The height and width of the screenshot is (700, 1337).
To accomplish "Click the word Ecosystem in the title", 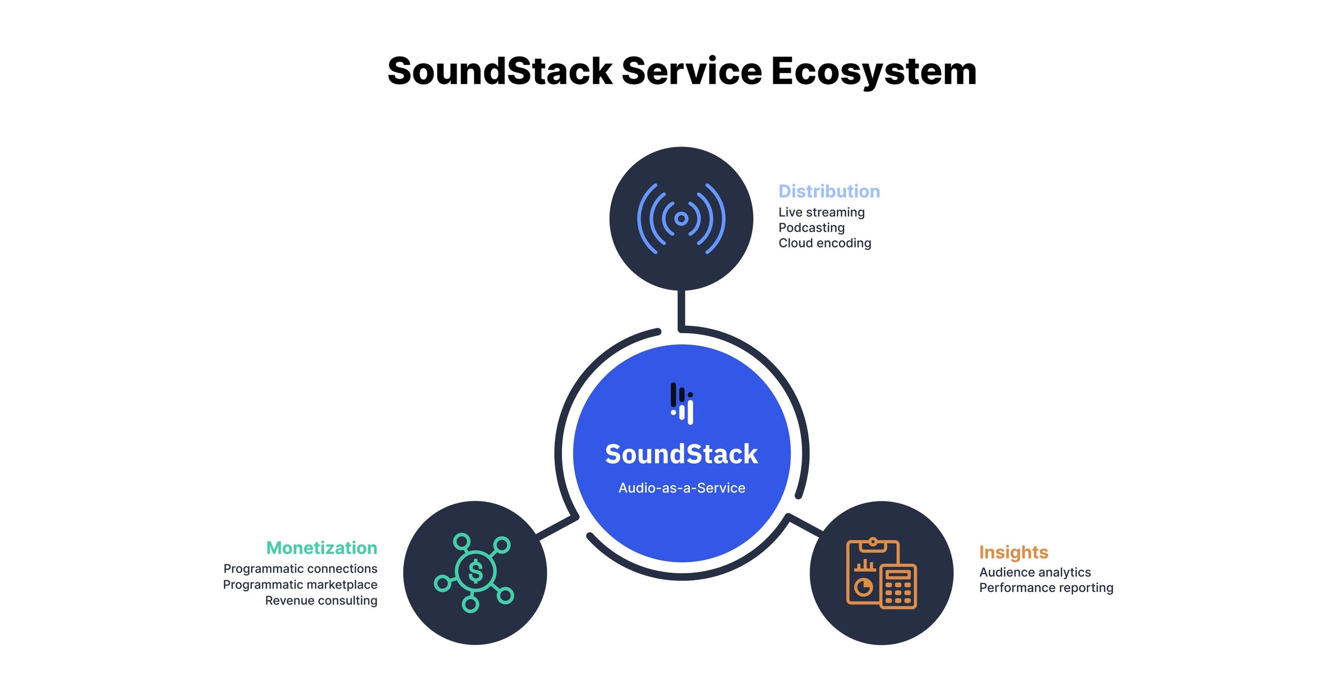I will click(874, 72).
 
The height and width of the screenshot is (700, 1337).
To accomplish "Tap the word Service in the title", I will click(691, 72).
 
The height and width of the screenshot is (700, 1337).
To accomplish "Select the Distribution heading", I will click(829, 192).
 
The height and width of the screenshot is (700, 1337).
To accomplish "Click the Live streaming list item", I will click(821, 212).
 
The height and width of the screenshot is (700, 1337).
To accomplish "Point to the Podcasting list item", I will click(811, 228).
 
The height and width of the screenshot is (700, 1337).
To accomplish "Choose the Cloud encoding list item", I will click(824, 243).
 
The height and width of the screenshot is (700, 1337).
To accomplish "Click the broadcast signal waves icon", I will click(681, 218).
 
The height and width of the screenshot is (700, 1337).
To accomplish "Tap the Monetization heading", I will click(321, 548).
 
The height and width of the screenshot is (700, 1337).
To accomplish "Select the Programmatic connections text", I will click(300, 569).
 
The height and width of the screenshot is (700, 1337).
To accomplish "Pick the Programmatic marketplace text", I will click(300, 585).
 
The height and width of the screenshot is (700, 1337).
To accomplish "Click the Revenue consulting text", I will click(321, 600).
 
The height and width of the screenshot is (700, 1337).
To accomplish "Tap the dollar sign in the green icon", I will click(475, 572).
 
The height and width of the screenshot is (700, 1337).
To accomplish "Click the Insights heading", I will click(1013, 552).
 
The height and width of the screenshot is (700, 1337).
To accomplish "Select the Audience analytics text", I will click(1034, 572).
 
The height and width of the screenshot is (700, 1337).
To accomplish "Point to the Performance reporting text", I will click(1046, 588).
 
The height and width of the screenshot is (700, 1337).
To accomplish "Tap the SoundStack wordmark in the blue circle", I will click(681, 454).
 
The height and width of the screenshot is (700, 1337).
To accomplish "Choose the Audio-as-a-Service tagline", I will click(681, 488).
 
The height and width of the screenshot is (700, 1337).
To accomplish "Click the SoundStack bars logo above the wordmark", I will click(682, 403).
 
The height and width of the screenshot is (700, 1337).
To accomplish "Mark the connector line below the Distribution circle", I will click(681, 309).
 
